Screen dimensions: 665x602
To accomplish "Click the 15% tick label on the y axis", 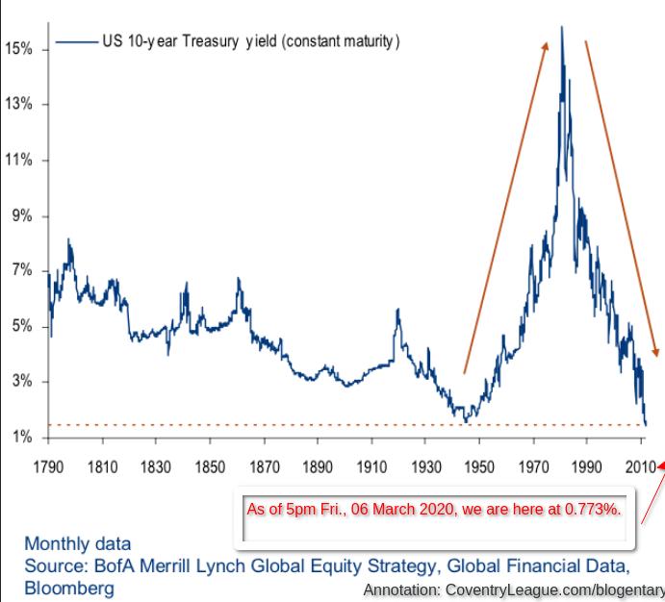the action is point(18,48).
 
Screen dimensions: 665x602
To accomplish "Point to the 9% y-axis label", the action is point(22,215).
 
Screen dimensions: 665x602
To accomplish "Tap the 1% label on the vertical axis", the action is point(22,437).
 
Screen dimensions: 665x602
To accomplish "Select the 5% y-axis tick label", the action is point(22,326).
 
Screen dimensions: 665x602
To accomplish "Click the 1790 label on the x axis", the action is point(48,466).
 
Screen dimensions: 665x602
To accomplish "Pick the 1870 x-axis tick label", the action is point(265,466).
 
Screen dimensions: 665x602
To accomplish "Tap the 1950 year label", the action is point(479,466).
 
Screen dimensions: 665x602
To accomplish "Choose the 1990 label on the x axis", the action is point(587,466).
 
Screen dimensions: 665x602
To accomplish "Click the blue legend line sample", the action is point(77,41).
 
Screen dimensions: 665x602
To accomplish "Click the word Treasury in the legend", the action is point(211,41).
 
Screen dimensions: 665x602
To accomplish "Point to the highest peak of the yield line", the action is point(562,27).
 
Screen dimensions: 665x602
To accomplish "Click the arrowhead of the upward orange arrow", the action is point(546,46).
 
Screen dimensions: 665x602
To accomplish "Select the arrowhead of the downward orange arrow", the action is point(656,352).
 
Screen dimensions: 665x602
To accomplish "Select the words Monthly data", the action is point(78,544).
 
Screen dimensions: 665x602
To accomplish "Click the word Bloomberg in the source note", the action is point(69,589).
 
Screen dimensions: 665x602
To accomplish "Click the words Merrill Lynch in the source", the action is point(192,566).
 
